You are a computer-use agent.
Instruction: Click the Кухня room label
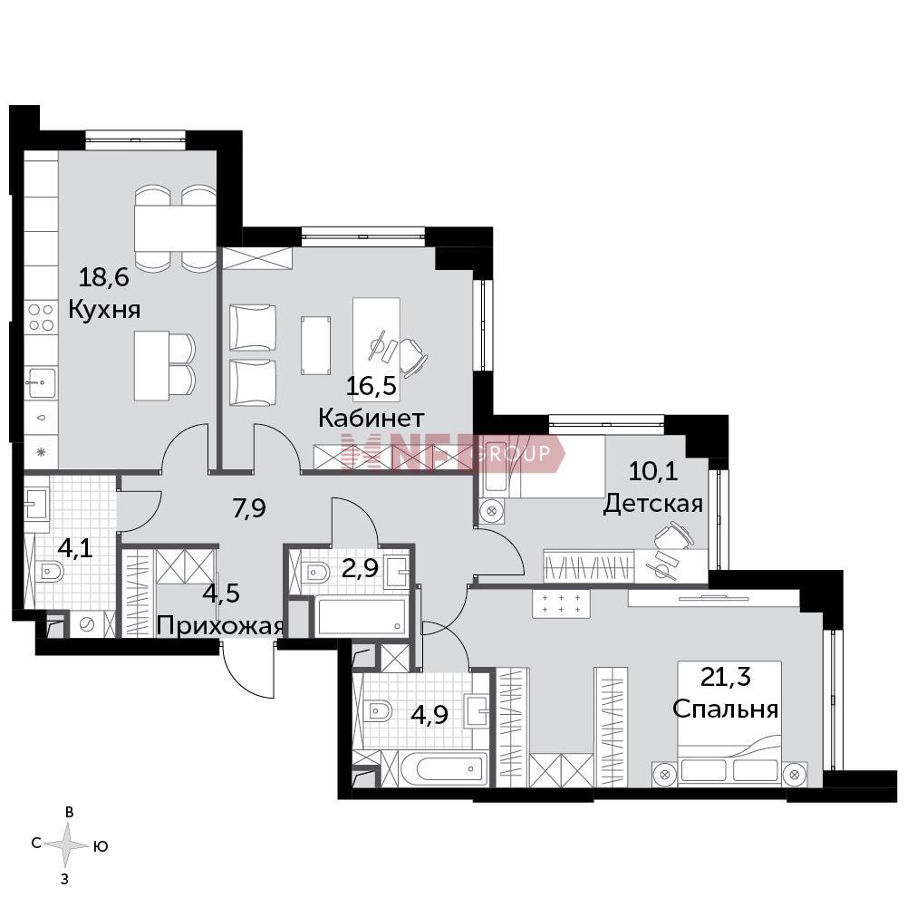[104, 310]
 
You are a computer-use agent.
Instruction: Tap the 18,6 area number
[103, 277]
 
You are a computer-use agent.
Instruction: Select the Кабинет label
[371, 417]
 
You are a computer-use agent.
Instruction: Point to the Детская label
[653, 505]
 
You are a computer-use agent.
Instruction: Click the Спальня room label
[726, 709]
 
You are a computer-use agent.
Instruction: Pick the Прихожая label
[220, 626]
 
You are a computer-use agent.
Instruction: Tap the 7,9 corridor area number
[249, 508]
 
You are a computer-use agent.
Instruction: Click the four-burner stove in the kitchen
[41, 317]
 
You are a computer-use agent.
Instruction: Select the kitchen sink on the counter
[41, 382]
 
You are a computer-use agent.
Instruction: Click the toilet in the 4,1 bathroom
[50, 572]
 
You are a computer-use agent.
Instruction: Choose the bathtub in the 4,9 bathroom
[443, 768]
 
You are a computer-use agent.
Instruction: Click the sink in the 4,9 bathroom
[478, 709]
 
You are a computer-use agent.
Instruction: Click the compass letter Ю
[101, 846]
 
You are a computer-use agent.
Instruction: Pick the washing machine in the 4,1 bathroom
[87, 624]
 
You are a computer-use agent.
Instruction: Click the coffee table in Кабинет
[316, 345]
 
